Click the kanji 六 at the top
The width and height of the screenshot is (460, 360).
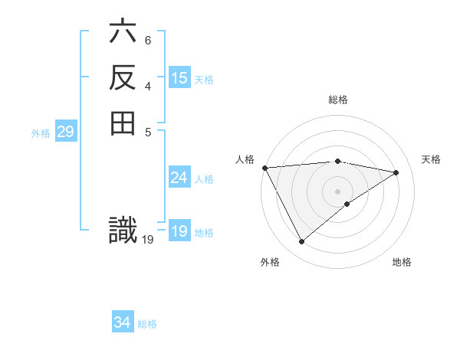click(123, 34)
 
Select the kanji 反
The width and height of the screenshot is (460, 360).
click(123, 78)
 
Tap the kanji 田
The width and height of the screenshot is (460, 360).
click(123, 123)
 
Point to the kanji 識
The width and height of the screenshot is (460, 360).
click(123, 231)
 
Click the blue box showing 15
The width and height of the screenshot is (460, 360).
click(179, 78)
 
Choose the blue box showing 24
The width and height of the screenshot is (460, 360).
click(179, 178)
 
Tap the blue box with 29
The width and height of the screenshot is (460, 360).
click(66, 132)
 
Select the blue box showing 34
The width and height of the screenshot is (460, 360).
click(123, 322)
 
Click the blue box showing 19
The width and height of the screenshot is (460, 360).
click(179, 231)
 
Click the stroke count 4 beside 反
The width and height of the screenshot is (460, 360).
click(148, 85)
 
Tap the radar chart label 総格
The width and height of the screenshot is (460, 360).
click(338, 100)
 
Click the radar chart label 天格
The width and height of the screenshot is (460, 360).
click(432, 159)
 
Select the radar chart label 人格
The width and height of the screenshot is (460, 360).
click(245, 159)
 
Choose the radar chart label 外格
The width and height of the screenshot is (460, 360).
click(269, 263)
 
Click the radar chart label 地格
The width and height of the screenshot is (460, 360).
click(402, 263)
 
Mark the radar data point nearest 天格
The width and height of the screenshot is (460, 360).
click(396, 172)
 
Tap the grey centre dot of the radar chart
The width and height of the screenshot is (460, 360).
click(338, 191)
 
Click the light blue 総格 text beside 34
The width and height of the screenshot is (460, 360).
click(148, 324)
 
